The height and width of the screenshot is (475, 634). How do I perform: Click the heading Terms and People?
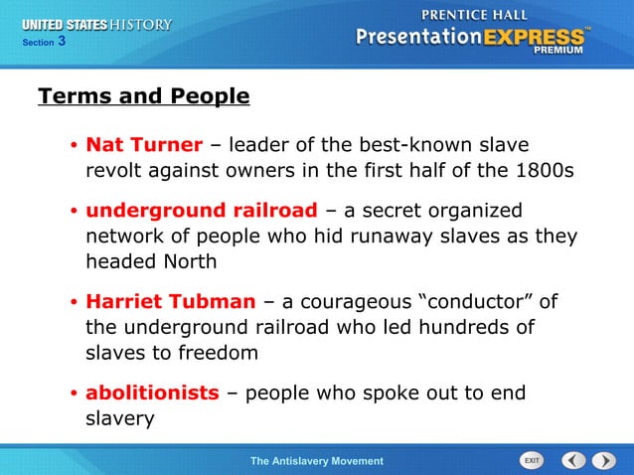click(x=143, y=96)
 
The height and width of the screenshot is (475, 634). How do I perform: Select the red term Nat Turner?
click(x=144, y=145)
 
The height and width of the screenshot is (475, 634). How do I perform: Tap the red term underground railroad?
click(x=202, y=211)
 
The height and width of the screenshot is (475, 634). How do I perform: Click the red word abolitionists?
click(x=152, y=393)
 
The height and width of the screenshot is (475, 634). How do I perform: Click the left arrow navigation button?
click(x=573, y=460)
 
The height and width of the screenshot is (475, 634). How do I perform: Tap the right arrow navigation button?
click(x=604, y=460)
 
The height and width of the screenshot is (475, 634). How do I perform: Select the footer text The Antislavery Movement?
click(x=316, y=461)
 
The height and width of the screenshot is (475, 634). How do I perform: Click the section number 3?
click(x=62, y=42)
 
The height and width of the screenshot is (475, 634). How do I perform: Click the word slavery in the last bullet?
click(x=120, y=418)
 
